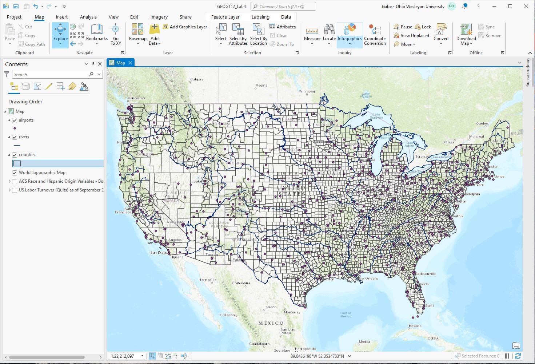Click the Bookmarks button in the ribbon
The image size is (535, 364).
(97, 33)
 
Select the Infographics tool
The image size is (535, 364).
(350, 33)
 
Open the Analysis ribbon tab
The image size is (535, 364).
(88, 17)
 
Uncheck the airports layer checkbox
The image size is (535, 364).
(15, 120)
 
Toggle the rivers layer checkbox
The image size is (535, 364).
(15, 137)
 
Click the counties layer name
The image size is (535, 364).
(27, 155)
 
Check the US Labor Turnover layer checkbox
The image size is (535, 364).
(15, 190)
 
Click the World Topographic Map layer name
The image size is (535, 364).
(42, 173)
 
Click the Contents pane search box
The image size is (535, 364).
(51, 74)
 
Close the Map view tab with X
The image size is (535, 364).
(130, 63)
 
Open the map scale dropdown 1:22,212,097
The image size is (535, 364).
(142, 356)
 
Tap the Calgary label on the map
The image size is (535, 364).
(196, 79)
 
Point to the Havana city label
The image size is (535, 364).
(415, 326)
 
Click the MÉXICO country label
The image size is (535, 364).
(271, 323)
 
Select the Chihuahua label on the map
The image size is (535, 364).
(241, 283)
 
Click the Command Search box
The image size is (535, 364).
(283, 7)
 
